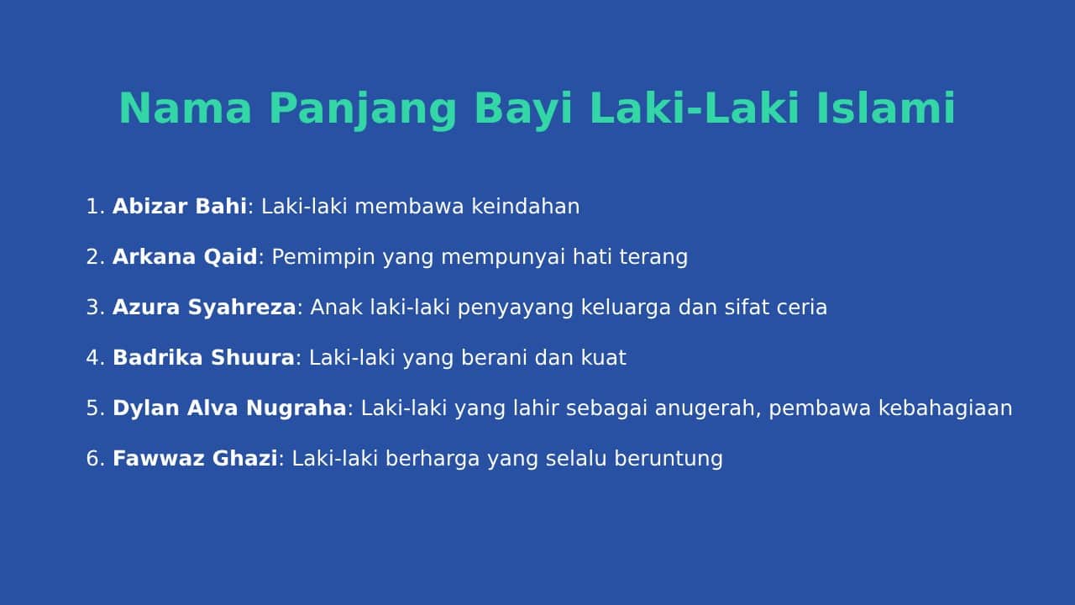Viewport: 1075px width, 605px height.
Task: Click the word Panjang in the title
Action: pos(362,110)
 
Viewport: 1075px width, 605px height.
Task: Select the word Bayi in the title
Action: pos(523,110)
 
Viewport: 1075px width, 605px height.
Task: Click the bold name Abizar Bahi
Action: pos(180,207)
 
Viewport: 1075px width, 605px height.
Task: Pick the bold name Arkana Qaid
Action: pos(185,257)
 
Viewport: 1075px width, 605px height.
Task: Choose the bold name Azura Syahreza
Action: pos(204,308)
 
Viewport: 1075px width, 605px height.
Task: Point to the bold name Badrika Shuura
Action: pos(203,358)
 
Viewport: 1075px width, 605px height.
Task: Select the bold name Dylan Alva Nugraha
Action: pos(229,408)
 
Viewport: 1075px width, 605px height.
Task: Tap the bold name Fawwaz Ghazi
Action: pos(195,458)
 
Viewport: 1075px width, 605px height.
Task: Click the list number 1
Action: pos(93,207)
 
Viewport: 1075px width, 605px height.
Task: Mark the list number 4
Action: pos(92,358)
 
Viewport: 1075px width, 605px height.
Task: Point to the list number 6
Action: pos(92,458)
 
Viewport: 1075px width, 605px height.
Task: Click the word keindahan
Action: pos(526,207)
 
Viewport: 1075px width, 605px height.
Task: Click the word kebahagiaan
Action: pos(946,408)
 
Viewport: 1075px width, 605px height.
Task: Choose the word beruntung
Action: pos(669,459)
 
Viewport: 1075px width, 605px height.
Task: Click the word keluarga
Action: pos(626,308)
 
